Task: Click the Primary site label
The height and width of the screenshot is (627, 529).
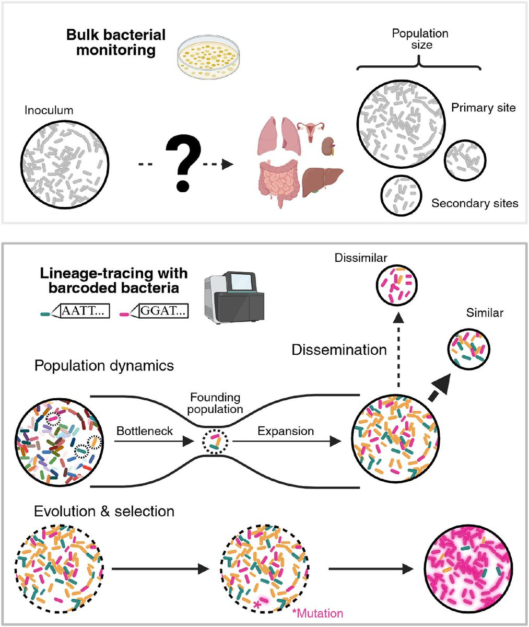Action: coord(483,108)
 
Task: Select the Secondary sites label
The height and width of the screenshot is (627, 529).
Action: coord(474,203)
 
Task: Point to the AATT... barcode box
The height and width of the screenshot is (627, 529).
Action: coord(85,312)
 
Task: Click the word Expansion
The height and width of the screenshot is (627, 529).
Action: coord(285,431)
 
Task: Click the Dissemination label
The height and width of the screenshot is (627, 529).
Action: coord(339,350)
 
